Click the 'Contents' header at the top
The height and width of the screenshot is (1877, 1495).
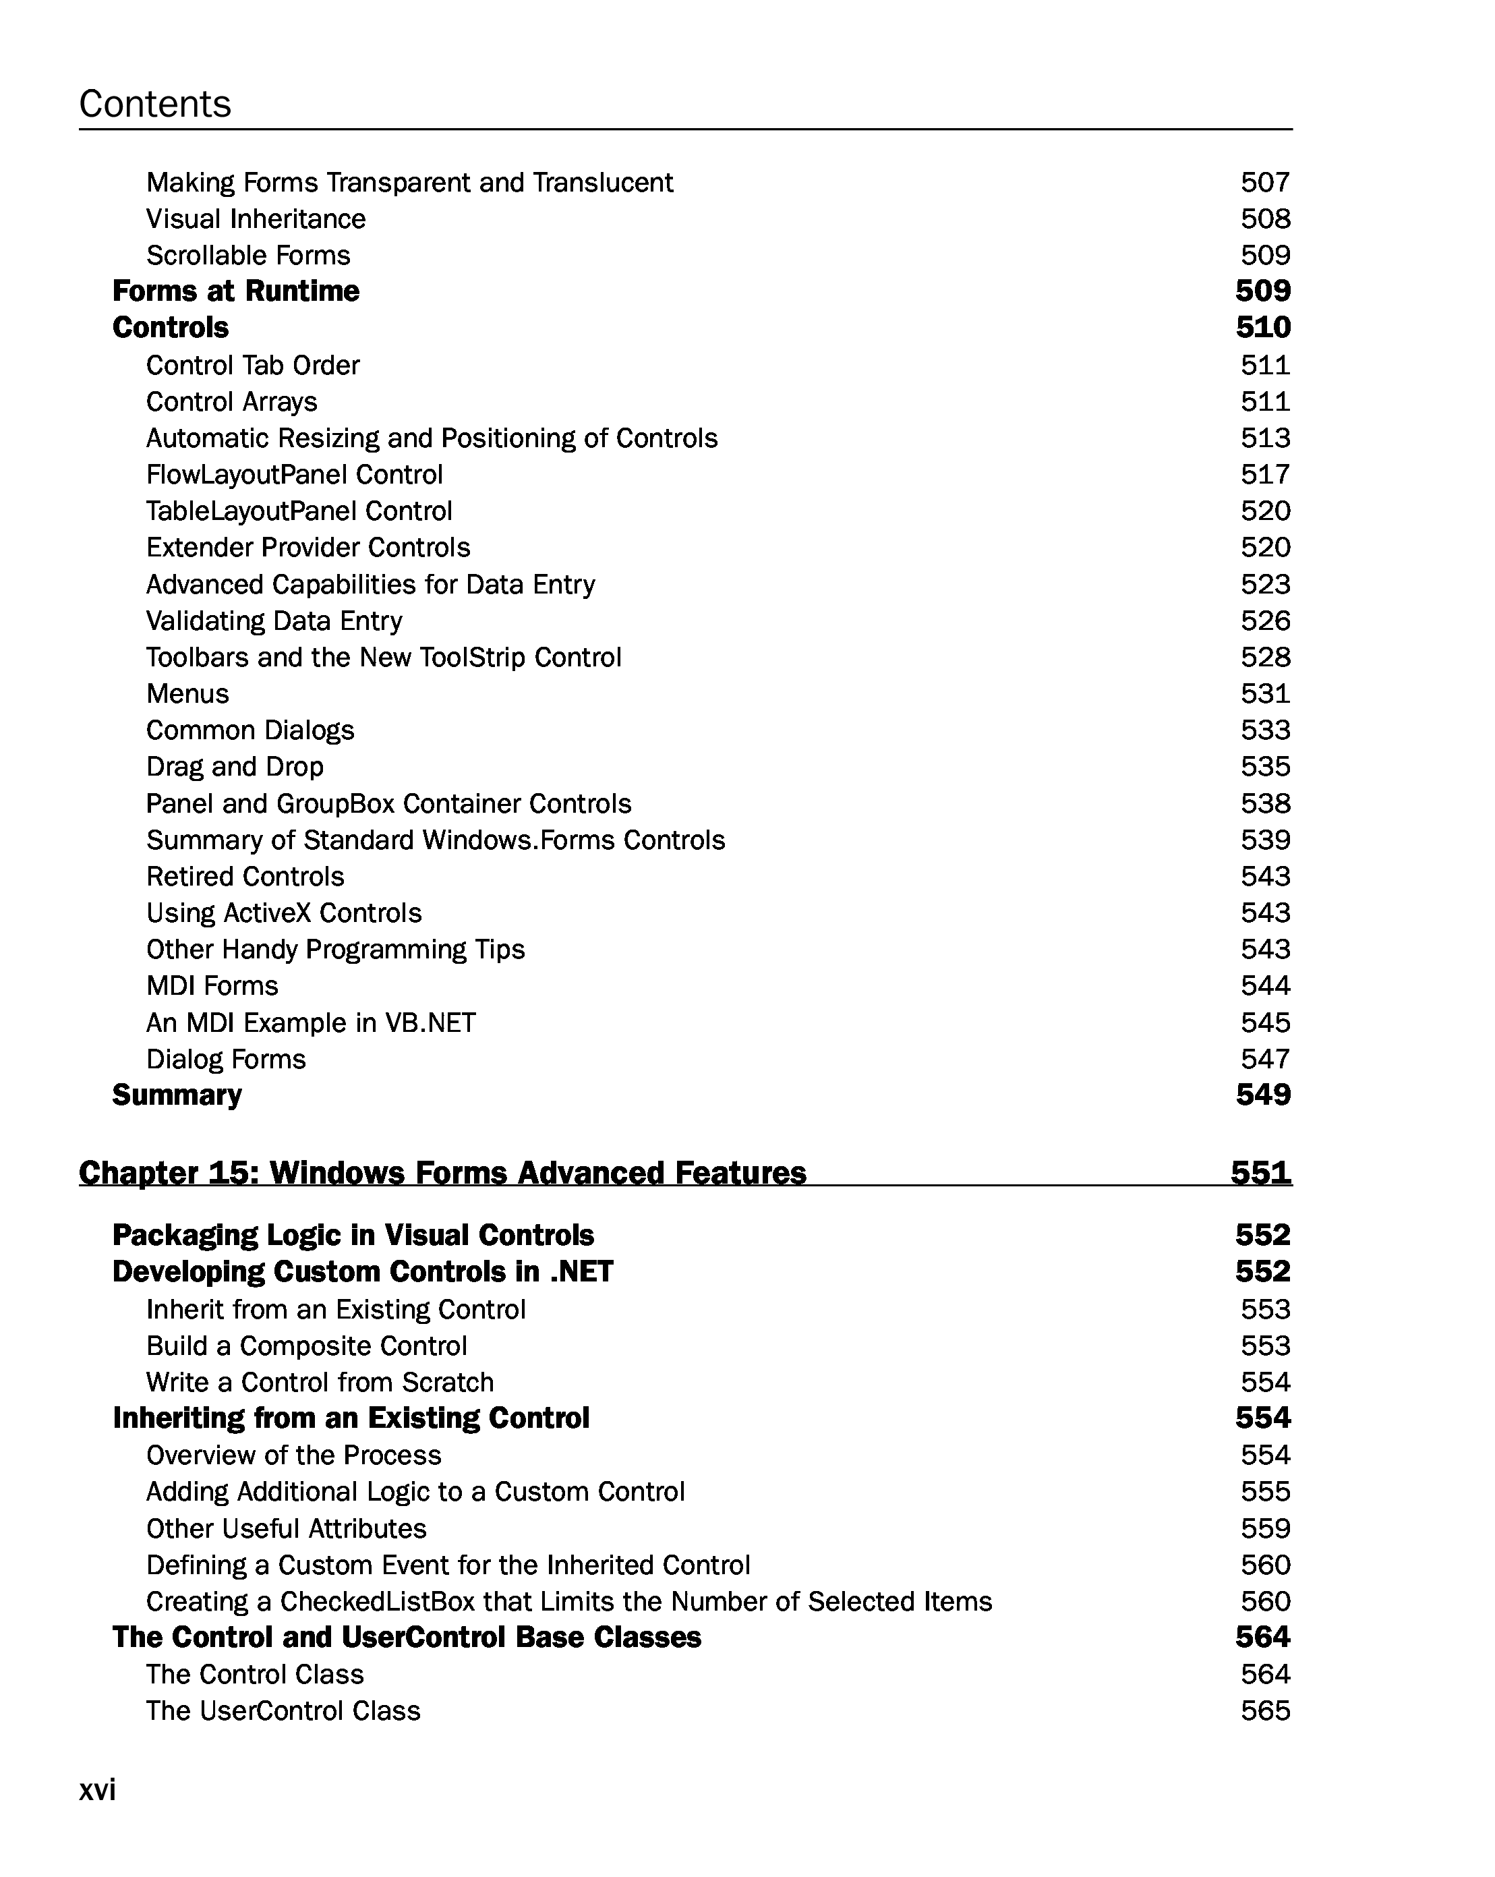click(155, 104)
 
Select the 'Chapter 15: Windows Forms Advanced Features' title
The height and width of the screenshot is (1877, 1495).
click(442, 1173)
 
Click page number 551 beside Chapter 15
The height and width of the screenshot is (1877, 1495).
click(1261, 1173)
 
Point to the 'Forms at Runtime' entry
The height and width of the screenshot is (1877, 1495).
click(236, 291)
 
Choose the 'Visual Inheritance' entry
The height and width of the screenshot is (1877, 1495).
click(256, 219)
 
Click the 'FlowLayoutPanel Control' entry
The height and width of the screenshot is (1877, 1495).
click(294, 474)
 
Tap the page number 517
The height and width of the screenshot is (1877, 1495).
click(1265, 474)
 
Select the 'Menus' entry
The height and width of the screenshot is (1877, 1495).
click(187, 694)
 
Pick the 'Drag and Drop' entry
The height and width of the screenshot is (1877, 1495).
click(235, 767)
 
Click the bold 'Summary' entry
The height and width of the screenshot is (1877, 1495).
click(177, 1095)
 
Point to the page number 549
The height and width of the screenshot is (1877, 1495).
click(1262, 1095)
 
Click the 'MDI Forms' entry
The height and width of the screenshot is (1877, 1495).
click(212, 985)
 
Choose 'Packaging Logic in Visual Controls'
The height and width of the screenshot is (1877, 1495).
click(353, 1236)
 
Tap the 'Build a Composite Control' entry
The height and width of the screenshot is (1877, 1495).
click(306, 1346)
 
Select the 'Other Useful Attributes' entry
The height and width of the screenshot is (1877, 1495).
click(287, 1529)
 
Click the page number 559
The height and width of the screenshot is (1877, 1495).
click(1265, 1529)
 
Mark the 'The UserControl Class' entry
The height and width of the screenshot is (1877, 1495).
click(283, 1710)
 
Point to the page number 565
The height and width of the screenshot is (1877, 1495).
click(1265, 1710)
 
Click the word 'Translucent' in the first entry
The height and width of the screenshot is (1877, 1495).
click(602, 183)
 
